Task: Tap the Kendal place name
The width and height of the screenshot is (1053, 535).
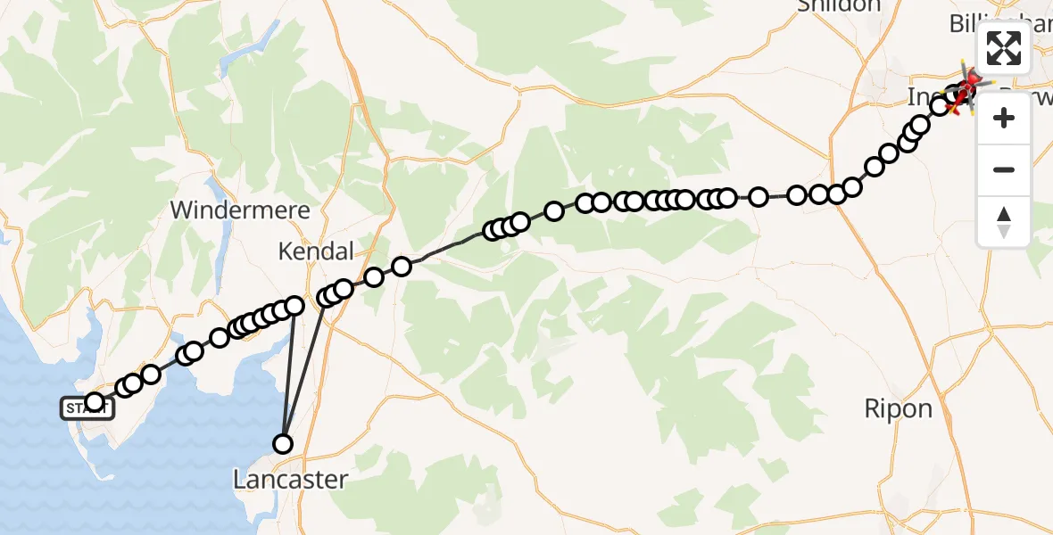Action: point(316,251)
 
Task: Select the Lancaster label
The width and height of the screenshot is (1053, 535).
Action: point(290,480)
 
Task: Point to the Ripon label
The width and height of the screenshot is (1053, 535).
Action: point(898,409)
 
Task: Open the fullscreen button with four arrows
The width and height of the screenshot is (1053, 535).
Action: point(1004,48)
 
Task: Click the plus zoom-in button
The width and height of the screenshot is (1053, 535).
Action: point(1004,118)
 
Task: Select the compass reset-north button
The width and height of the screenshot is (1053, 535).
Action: point(1004,221)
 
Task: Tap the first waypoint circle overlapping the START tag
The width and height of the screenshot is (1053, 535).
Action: point(95,402)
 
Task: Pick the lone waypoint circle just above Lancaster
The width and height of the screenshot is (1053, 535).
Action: point(283,443)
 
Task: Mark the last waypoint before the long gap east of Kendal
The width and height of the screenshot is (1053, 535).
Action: point(402,266)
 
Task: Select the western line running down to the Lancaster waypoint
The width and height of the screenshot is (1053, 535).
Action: point(288,374)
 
